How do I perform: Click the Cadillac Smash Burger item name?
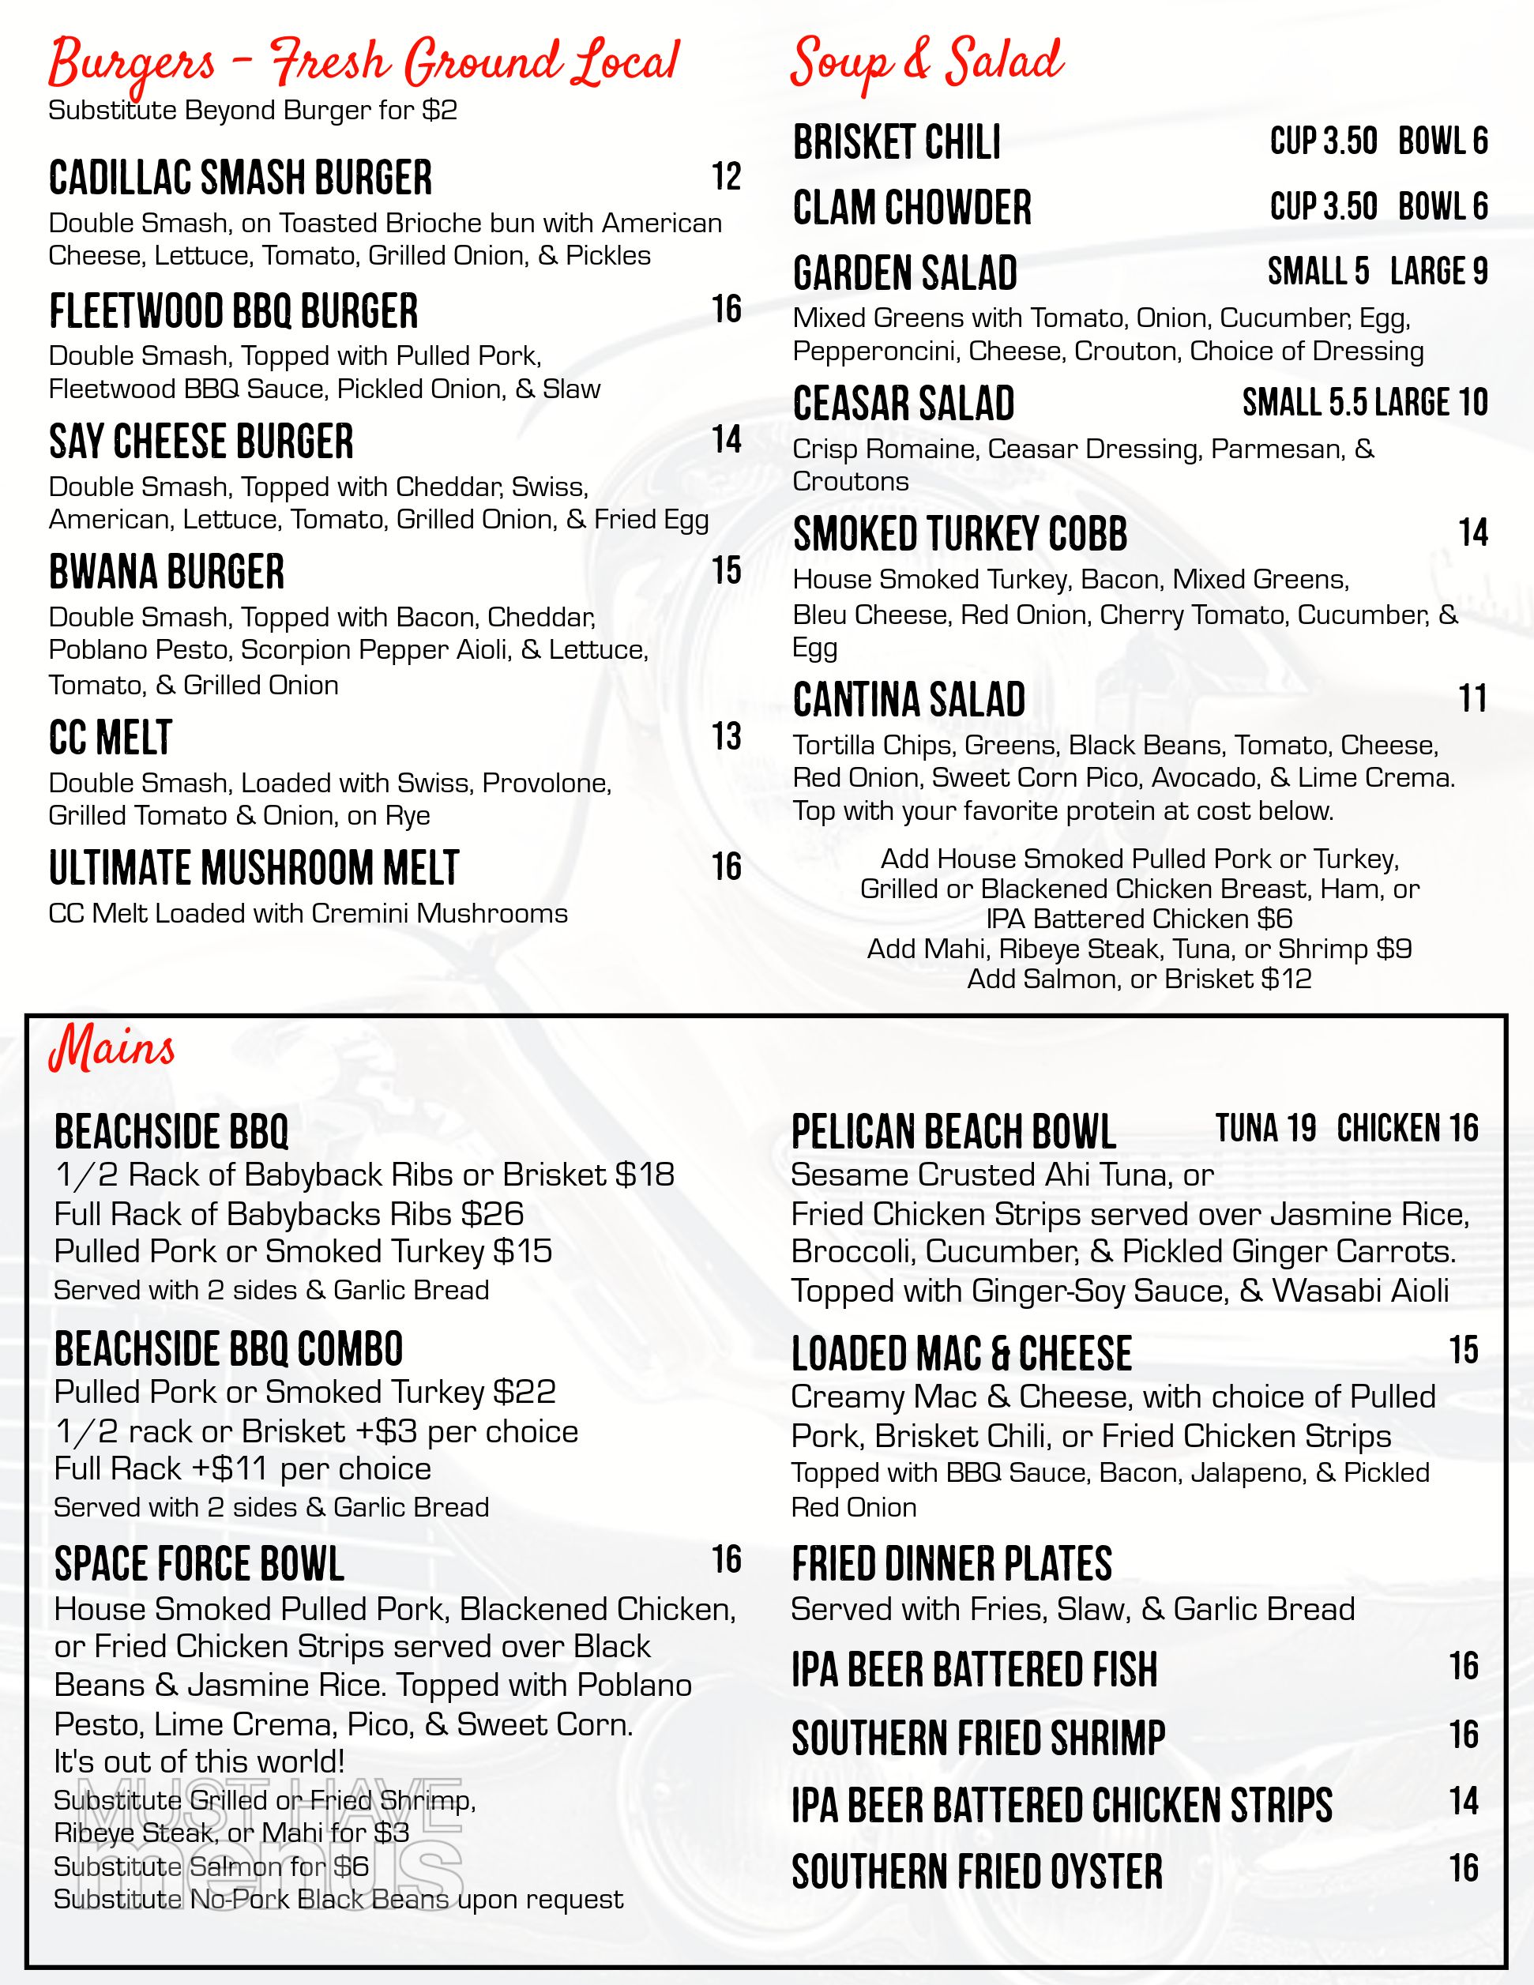240,179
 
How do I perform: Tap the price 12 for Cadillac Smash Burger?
726,176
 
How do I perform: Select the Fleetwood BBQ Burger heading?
234,311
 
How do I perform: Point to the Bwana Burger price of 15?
726,571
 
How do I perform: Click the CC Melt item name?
110,737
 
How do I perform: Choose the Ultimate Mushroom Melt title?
254,868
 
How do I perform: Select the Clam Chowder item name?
912,208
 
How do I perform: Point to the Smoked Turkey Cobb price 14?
1472,532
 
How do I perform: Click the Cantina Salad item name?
908,700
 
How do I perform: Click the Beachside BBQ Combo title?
228,1349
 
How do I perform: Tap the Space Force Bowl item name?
199,1564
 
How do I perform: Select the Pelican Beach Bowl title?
953,1133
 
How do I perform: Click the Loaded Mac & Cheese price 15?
1463,1351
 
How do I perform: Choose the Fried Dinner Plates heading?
952,1564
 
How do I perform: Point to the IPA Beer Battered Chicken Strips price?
1463,1802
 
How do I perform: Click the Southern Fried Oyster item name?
977,1872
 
